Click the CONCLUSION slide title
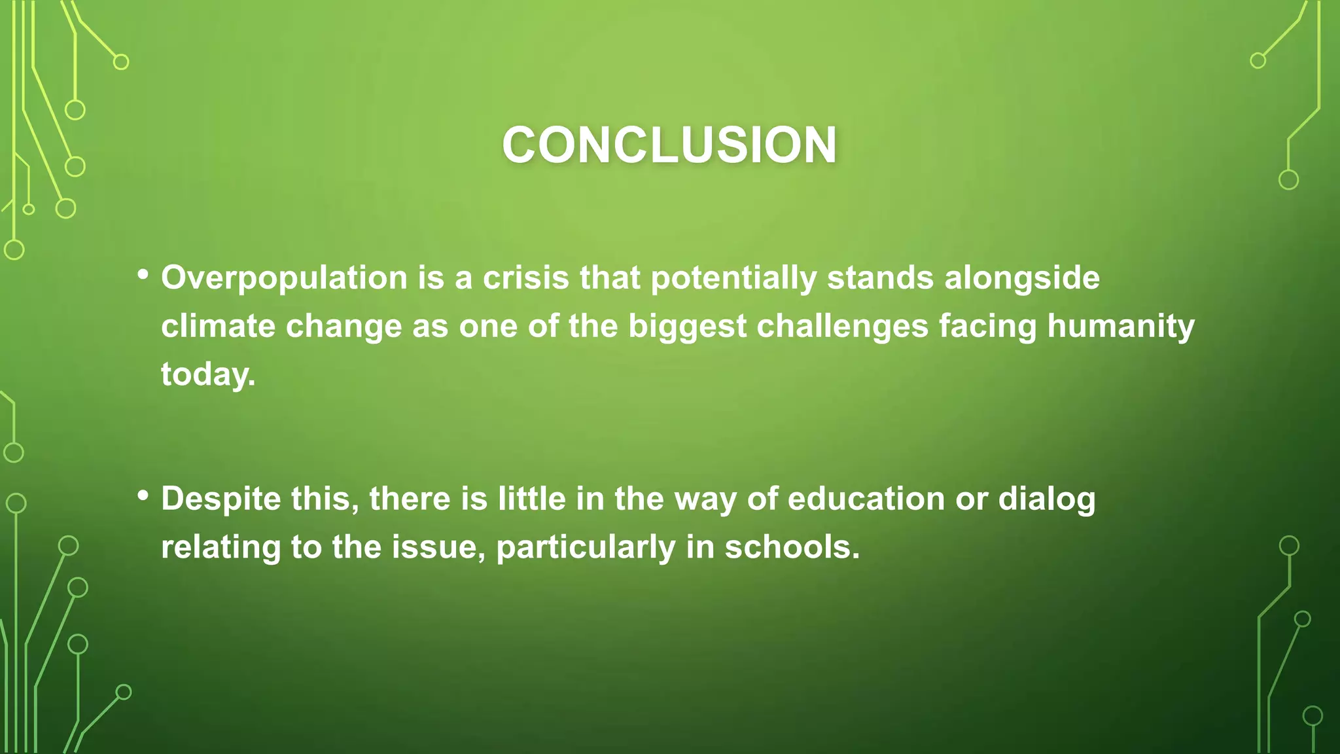tap(669, 145)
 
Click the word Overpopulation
tap(284, 278)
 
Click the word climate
tap(218, 326)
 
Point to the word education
tap(866, 499)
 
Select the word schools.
tap(792, 547)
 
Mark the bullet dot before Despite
tap(143, 495)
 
